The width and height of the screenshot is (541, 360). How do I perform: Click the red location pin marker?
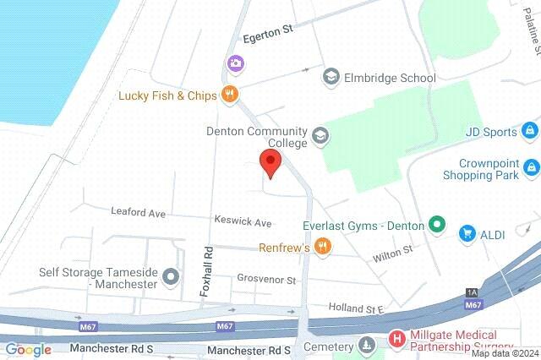tap(270, 163)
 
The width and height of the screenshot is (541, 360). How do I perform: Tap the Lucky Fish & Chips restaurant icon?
tap(228, 95)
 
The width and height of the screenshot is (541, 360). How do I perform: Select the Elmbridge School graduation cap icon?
tap(331, 78)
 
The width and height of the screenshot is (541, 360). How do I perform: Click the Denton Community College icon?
tap(320, 135)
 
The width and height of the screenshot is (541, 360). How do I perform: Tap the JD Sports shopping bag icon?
tap(529, 131)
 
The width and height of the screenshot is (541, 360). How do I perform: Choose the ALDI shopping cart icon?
tap(466, 232)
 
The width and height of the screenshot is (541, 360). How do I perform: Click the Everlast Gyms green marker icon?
tap(436, 225)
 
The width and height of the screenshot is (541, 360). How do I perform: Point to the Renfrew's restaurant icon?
tap(321, 247)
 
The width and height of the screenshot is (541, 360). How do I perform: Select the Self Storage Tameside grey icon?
tap(172, 275)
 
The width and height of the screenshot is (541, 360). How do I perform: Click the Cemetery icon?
tap(366, 345)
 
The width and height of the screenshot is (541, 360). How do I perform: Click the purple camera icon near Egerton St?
tap(234, 63)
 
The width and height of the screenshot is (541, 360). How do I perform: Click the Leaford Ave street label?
tap(139, 214)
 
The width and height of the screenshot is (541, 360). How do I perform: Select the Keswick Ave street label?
tap(243, 223)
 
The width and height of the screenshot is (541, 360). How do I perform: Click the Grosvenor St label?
tap(266, 279)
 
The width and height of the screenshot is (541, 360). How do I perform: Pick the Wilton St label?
tap(394, 250)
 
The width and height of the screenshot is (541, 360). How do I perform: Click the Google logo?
tap(28, 349)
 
